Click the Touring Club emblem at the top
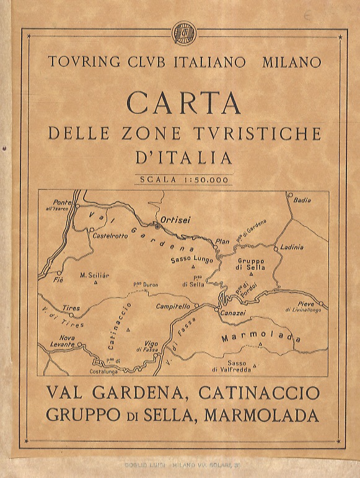(183, 31)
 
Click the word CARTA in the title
(183, 103)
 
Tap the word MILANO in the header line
(292, 62)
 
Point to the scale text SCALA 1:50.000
(183, 180)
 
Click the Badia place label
(302, 200)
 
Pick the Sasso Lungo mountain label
(193, 260)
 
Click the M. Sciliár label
(95, 274)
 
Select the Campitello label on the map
(173, 306)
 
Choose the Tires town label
(71, 308)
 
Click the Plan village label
(221, 241)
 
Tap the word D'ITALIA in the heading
(183, 157)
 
